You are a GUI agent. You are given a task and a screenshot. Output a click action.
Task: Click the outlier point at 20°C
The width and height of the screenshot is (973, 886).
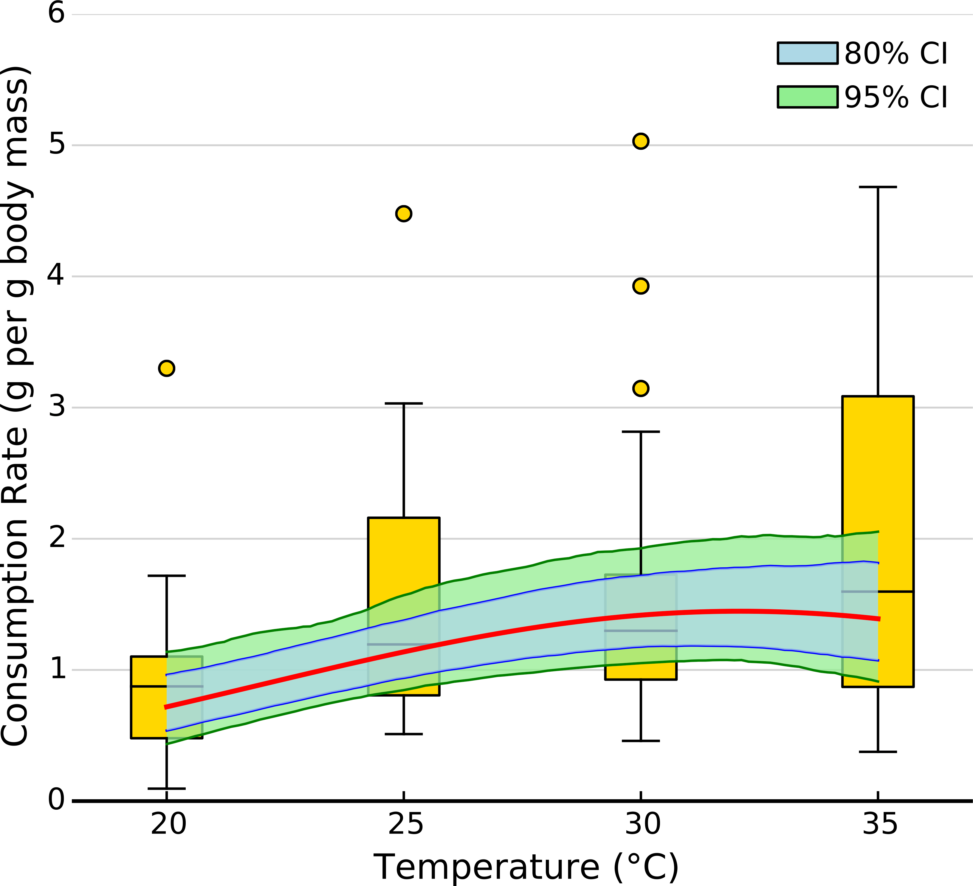(167, 368)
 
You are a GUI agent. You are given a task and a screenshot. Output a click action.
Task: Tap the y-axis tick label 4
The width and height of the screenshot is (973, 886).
(56, 276)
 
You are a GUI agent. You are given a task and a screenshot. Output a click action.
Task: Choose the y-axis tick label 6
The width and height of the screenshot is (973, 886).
(56, 13)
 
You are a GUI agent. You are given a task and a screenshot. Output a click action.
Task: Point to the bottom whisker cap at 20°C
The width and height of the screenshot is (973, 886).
(167, 789)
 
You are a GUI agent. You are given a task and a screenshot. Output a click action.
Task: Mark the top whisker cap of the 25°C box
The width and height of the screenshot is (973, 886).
(404, 403)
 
